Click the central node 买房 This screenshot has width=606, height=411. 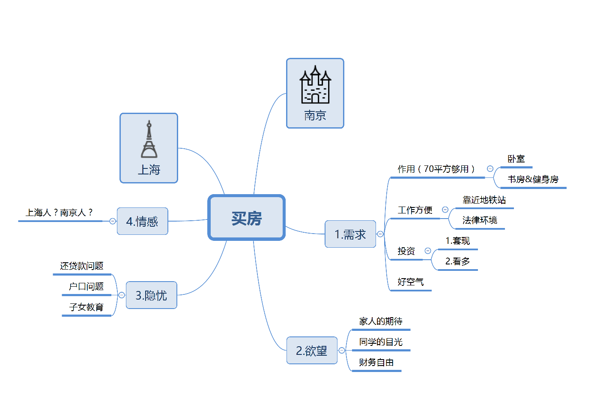click(247, 218)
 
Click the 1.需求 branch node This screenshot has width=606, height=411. click(350, 234)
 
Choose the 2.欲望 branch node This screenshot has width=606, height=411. click(312, 351)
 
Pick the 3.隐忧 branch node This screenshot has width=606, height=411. click(151, 295)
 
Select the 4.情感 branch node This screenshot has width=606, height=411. click(142, 221)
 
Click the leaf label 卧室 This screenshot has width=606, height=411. click(516, 159)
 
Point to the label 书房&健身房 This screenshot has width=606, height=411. click(533, 179)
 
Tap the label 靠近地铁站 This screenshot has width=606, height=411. click(484, 200)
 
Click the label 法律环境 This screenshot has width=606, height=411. click(480, 220)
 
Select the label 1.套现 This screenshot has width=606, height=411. click(457, 241)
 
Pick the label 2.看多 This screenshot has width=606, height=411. click(457, 261)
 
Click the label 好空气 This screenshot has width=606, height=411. click(411, 282)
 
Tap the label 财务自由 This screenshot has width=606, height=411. click(376, 363)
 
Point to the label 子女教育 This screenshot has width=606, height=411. click(87, 307)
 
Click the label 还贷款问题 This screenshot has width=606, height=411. click(82, 266)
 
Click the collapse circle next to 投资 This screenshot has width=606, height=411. click(428, 251)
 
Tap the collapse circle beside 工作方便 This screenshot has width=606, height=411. click(445, 210)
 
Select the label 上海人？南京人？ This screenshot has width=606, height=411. click(60, 213)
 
